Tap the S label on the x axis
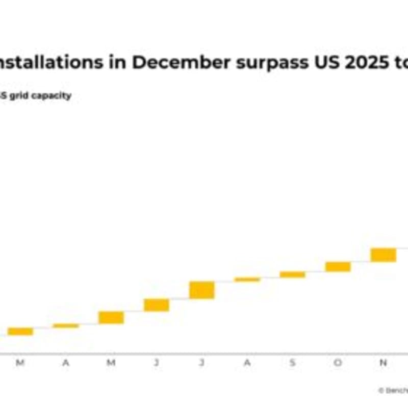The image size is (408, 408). tap(293, 363)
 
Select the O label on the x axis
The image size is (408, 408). tap(338, 363)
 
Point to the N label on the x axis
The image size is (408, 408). tap(383, 363)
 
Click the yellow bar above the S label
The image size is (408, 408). tap(293, 274)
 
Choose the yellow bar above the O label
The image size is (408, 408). tap(338, 266)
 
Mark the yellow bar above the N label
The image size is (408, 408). tap(383, 255)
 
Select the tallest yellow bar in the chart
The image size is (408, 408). tap(202, 290)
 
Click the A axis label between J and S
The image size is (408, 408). tap(247, 363)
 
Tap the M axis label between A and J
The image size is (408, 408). tap(111, 363)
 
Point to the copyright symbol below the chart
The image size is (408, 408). tap(381, 390)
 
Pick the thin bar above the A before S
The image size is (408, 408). tap(247, 279)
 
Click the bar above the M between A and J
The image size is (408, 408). tap(111, 317)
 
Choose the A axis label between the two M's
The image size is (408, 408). tap(66, 363)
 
